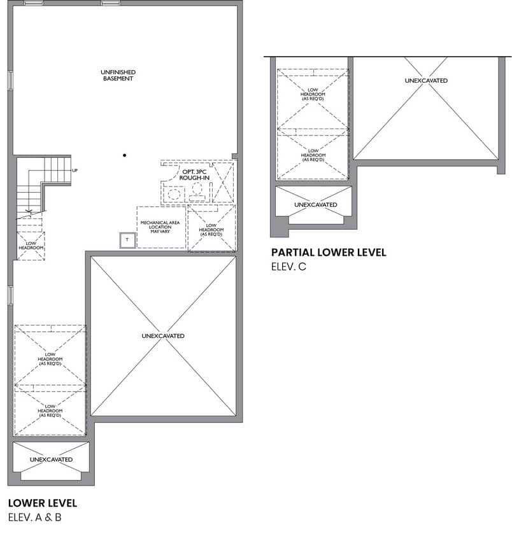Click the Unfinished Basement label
[118, 75]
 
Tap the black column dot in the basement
[124, 155]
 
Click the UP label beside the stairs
[75, 171]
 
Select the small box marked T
[127, 240]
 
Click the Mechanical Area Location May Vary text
[160, 227]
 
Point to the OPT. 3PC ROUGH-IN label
[194, 175]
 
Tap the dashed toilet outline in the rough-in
[197, 192]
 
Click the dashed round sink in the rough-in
[174, 194]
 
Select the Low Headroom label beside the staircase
[31, 246]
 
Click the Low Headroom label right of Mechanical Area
[211, 230]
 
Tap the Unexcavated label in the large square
[163, 335]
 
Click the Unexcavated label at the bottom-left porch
[51, 460]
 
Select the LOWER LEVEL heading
[43, 503]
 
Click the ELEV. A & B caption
[34, 517]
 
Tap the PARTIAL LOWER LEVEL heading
[329, 253]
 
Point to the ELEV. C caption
[288, 267]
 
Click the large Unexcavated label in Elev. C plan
[426, 80]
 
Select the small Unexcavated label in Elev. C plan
[316, 204]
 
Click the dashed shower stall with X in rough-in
[223, 183]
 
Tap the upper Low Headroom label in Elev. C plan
[313, 94]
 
